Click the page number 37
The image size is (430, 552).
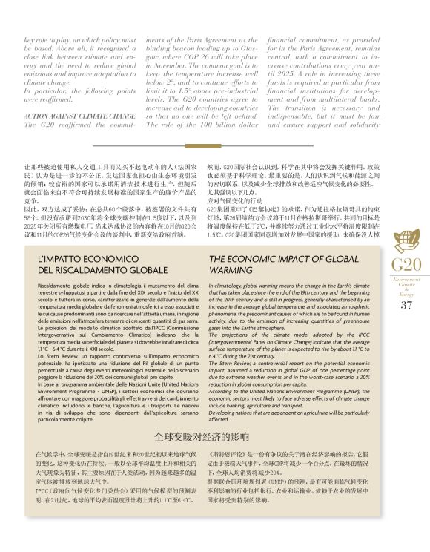click(406, 305)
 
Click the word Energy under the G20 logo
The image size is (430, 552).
click(406, 294)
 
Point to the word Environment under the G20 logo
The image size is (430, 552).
click(406, 279)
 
